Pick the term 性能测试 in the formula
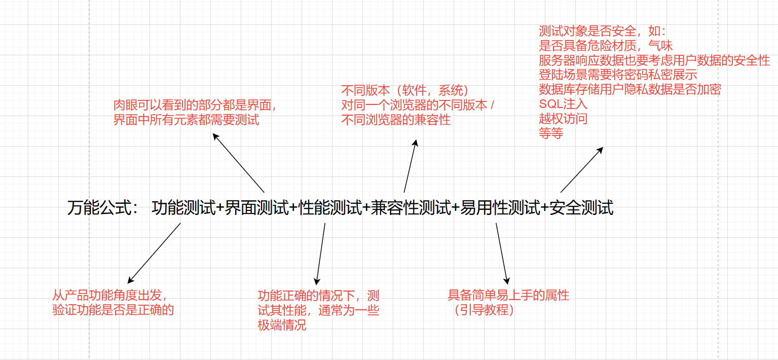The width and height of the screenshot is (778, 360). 330,208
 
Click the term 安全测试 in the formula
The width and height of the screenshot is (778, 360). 581,208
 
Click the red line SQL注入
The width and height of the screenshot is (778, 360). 563,104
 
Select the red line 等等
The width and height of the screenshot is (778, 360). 551,134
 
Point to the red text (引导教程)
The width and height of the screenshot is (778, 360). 484,310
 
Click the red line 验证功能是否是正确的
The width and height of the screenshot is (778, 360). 113,310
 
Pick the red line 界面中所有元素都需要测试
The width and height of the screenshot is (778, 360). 186,120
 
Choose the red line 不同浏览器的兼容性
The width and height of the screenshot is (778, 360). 396,120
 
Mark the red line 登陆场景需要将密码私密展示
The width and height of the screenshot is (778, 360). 618,75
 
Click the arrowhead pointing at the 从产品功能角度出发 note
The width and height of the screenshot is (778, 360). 130,281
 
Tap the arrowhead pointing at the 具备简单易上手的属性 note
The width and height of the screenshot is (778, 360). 506,281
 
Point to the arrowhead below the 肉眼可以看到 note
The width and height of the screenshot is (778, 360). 215,135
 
